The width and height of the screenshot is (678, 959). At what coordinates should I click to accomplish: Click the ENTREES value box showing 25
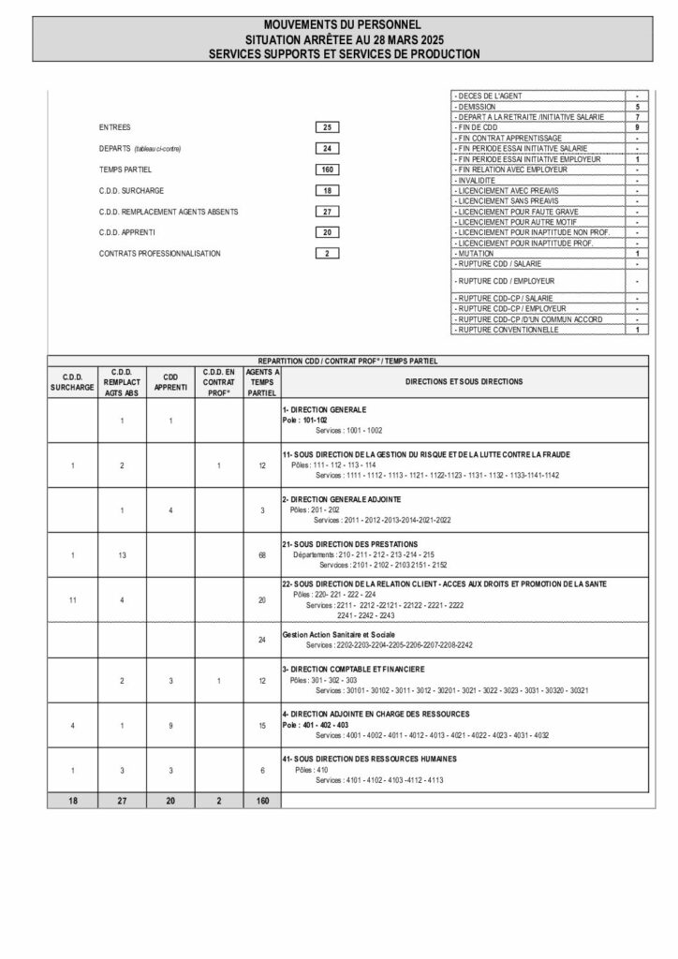click(x=327, y=126)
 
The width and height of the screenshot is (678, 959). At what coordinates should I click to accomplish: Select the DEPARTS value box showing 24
click(x=327, y=148)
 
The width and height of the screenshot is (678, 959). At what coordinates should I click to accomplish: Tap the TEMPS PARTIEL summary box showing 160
click(x=327, y=170)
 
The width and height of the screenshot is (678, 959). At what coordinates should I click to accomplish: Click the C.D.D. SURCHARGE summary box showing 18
click(x=327, y=190)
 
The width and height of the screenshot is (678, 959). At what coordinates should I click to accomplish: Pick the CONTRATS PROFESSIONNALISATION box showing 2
click(x=327, y=253)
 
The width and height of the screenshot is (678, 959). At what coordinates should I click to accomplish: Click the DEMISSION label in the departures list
click(x=479, y=107)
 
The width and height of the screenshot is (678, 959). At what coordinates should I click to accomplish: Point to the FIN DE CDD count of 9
click(x=637, y=126)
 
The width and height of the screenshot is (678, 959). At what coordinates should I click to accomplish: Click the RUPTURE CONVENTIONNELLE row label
click(x=507, y=330)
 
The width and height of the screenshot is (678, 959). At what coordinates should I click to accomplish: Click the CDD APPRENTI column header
click(x=169, y=382)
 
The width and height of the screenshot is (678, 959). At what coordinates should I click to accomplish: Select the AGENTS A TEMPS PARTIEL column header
click(x=262, y=382)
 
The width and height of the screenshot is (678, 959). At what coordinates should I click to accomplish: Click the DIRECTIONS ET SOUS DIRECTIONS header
click(x=464, y=382)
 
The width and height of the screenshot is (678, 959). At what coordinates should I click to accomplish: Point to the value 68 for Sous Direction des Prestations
click(x=262, y=555)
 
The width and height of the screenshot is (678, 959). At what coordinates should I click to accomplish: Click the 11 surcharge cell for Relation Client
click(x=72, y=599)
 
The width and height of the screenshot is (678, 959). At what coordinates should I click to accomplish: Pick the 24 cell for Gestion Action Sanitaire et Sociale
click(x=262, y=640)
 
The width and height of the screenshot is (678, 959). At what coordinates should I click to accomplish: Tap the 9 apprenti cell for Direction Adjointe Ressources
click(x=169, y=726)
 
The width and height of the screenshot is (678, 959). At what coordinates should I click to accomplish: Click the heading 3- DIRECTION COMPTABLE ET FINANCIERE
click(x=353, y=670)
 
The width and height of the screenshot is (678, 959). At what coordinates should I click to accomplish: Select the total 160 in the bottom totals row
click(x=262, y=801)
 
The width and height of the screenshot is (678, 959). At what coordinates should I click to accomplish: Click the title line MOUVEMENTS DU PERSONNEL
click(x=342, y=22)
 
